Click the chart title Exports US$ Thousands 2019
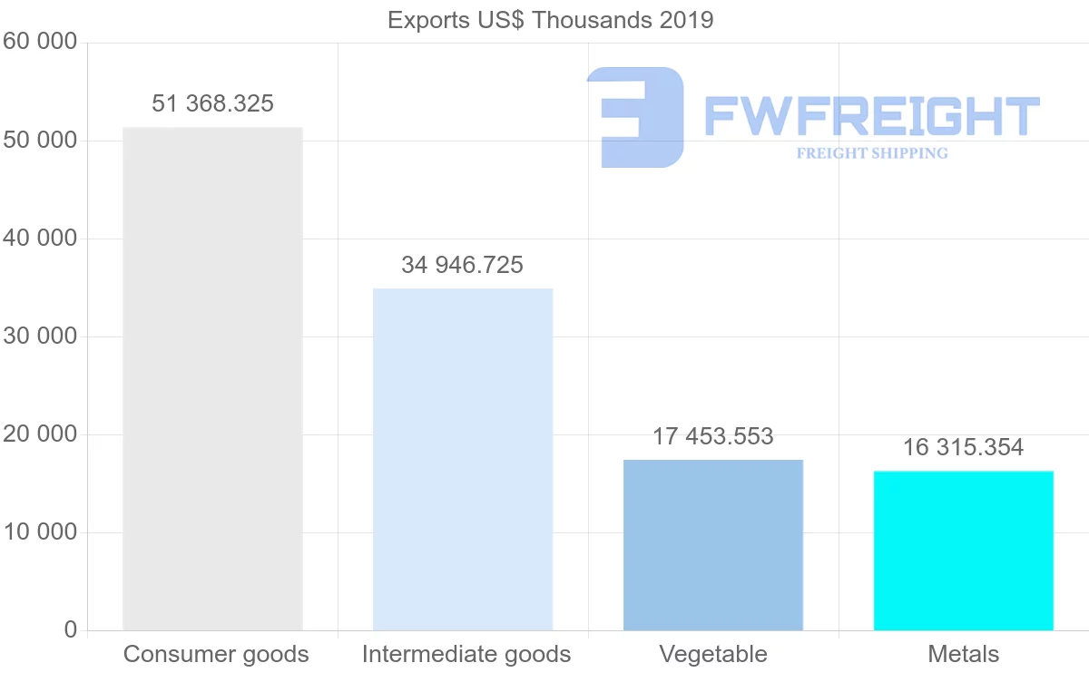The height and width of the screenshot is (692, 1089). tap(550, 19)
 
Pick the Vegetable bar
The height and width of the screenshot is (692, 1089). tap(713, 544)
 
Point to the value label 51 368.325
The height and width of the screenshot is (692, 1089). tap(212, 103)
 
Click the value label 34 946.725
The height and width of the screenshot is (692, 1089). tap(463, 265)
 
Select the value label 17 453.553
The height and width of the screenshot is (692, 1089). tap(713, 436)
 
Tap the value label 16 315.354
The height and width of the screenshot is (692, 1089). tap(964, 447)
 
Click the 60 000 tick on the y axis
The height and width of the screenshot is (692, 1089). tap(39, 42)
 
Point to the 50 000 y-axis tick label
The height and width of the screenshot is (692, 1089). tap(39, 141)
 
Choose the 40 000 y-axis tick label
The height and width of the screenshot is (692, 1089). tap(39, 239)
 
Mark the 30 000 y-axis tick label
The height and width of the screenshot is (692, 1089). tap(39, 336)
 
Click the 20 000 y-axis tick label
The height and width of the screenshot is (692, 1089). tap(39, 434)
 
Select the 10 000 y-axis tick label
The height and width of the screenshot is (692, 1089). tap(39, 532)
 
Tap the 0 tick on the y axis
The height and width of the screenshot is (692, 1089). tap(70, 630)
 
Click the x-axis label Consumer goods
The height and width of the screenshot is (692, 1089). tap(216, 654)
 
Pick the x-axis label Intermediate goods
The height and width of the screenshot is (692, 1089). tap(466, 654)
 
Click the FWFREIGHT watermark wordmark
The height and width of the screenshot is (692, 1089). tap(871, 116)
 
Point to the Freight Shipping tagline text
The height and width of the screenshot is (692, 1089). tap(872, 153)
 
